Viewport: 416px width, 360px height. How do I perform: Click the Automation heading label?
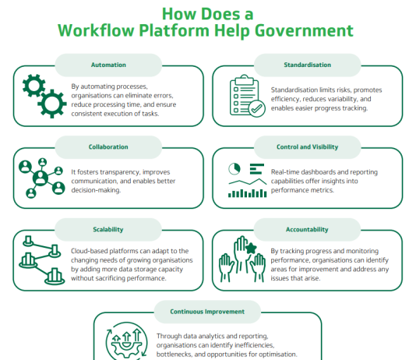108,65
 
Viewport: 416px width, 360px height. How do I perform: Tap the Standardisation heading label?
307,65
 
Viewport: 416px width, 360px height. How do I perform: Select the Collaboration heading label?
108,146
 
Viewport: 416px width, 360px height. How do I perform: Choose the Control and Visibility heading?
307,146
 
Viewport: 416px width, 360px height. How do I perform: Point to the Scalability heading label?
108,229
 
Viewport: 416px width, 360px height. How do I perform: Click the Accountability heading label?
307,229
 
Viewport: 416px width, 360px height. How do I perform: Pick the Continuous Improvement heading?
207,312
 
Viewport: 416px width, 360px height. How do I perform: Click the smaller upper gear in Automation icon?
33,86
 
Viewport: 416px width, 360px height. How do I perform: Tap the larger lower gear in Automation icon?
52,104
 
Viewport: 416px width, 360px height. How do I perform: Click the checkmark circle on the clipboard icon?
256,108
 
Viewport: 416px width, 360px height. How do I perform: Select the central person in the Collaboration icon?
41,178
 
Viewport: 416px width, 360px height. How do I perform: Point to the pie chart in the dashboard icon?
234,169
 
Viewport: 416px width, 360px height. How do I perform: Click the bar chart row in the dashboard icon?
247,193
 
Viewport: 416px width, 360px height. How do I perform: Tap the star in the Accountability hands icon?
251,249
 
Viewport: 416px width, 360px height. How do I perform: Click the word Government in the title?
304,30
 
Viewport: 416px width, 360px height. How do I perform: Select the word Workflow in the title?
96,30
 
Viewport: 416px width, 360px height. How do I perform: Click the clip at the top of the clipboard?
245,79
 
